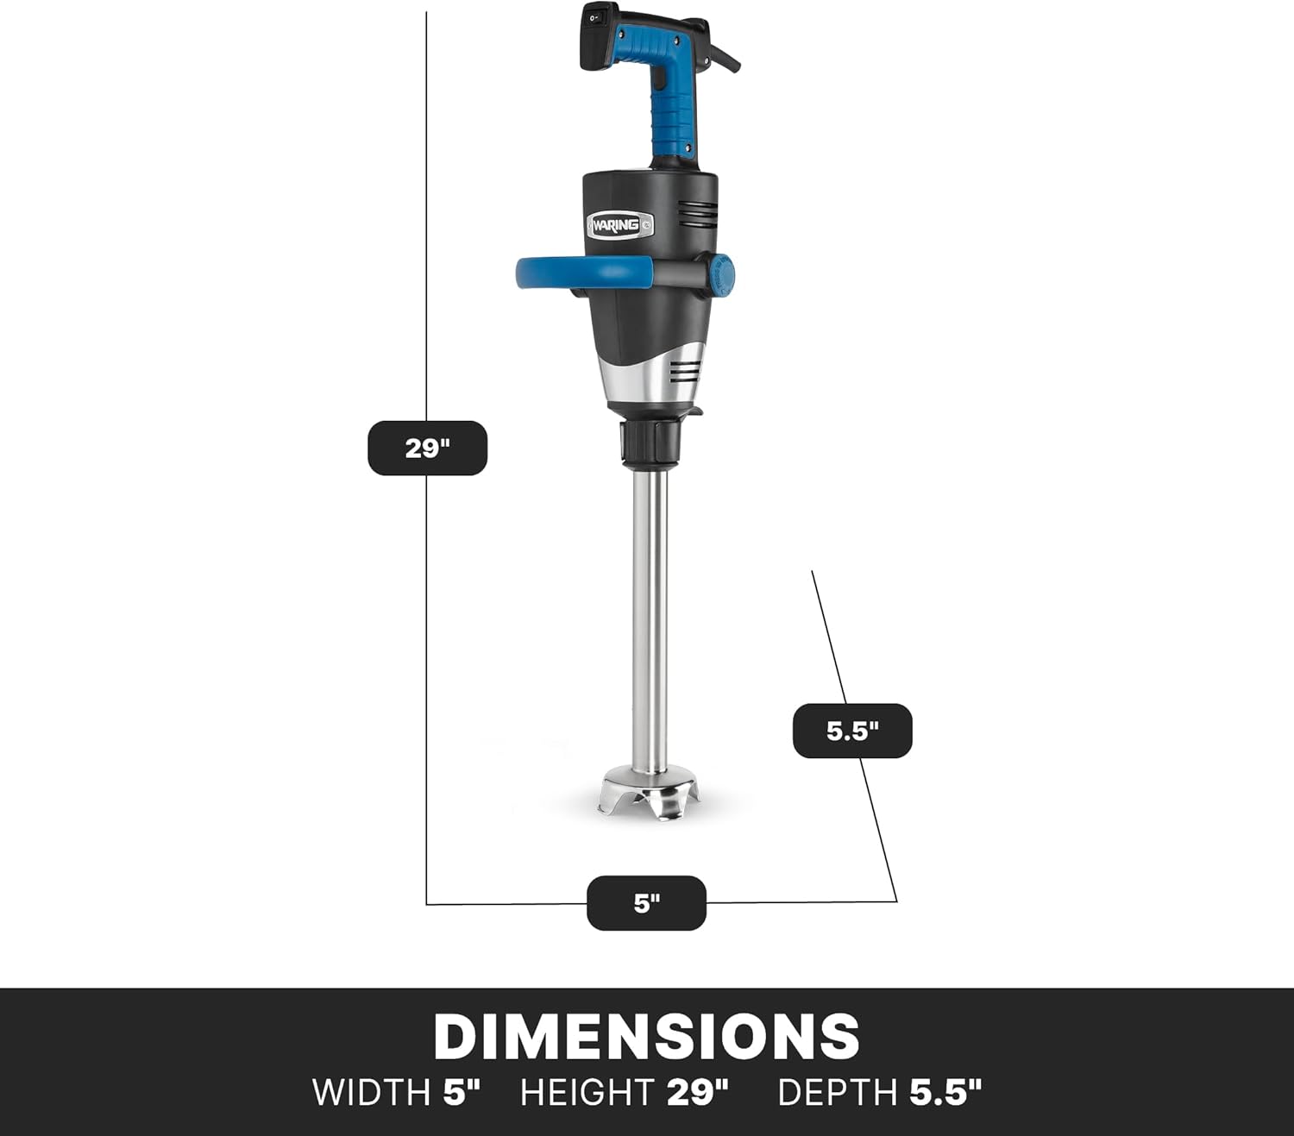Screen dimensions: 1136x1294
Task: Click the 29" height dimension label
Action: pos(427,448)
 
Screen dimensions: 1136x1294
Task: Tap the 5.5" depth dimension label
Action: pos(851,731)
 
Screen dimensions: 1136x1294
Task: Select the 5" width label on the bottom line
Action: pos(646,903)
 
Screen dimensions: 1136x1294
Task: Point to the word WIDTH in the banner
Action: pos(371,1093)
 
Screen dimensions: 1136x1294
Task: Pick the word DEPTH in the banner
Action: pos(838,1093)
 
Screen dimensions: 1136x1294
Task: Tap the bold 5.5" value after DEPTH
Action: pos(945,1093)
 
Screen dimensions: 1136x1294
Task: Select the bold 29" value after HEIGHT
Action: pos(697,1093)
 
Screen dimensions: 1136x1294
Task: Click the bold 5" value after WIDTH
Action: pos(461,1093)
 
